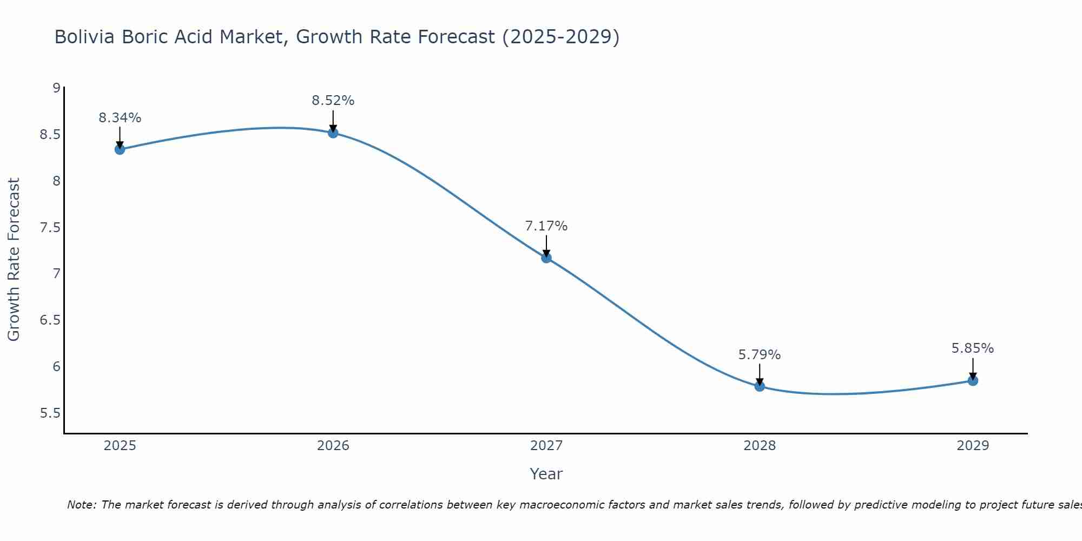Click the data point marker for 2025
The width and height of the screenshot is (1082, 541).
pos(120,149)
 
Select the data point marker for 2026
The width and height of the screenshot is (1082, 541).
pos(333,133)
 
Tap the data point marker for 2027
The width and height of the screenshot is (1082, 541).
pos(546,258)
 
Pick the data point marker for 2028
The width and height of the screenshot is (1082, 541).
pos(760,386)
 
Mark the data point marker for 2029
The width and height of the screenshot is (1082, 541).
pos(973,380)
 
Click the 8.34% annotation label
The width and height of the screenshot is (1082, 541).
pos(120,118)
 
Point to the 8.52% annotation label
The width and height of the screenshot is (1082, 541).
pos(333,101)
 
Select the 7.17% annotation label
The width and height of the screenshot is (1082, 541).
pos(546,226)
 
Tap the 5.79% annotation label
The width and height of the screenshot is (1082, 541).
pos(760,355)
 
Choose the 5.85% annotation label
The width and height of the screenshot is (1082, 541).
pos(973,348)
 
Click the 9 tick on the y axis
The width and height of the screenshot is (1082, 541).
pos(56,88)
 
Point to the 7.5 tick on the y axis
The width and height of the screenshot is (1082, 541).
pos(50,227)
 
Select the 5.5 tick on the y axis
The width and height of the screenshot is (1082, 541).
pos(50,413)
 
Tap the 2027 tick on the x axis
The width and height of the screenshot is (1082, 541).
pos(546,446)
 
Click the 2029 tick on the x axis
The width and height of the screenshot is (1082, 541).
pos(973,446)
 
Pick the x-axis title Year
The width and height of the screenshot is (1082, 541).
pos(546,474)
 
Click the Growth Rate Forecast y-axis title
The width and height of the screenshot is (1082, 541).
pos(14,260)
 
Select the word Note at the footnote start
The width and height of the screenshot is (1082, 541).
pos(81,505)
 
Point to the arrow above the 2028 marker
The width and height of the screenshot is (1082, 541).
pos(760,374)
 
